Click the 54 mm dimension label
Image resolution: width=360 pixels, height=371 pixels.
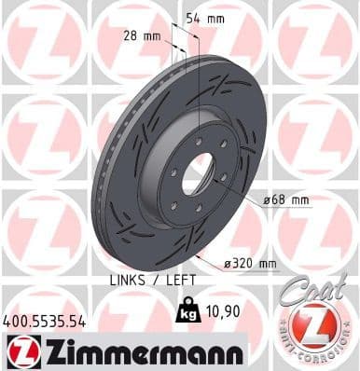204,18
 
